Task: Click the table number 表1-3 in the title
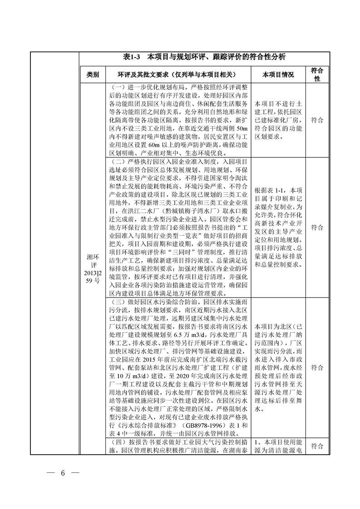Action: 133,57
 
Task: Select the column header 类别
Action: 93,74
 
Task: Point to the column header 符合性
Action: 317,74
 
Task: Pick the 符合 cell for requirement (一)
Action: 317,120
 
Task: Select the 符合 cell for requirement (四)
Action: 317,446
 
